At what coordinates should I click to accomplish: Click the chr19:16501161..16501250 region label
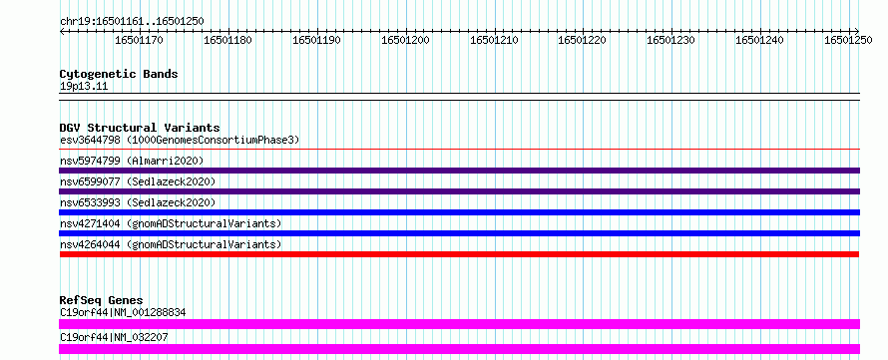coord(132,21)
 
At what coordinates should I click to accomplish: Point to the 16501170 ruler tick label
coord(140,40)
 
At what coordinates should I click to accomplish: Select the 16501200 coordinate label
coord(405,40)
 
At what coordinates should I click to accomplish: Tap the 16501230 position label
coord(671,40)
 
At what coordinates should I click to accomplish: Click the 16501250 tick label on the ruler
coord(848,40)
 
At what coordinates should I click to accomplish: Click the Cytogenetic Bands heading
coord(119,74)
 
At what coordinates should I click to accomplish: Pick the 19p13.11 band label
coord(84,87)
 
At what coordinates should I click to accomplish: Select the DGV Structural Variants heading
coord(140,128)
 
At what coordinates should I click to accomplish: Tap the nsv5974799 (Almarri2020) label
coord(132,161)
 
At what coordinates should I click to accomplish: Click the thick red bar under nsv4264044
coord(459,254)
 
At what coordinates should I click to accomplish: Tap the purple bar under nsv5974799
coord(459,171)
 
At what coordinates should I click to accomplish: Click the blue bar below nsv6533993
coord(459,212)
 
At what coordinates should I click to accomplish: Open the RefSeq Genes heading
coord(102,300)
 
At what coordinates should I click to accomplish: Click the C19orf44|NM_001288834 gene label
coord(123,312)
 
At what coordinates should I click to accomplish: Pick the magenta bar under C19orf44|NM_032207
coord(459,349)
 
